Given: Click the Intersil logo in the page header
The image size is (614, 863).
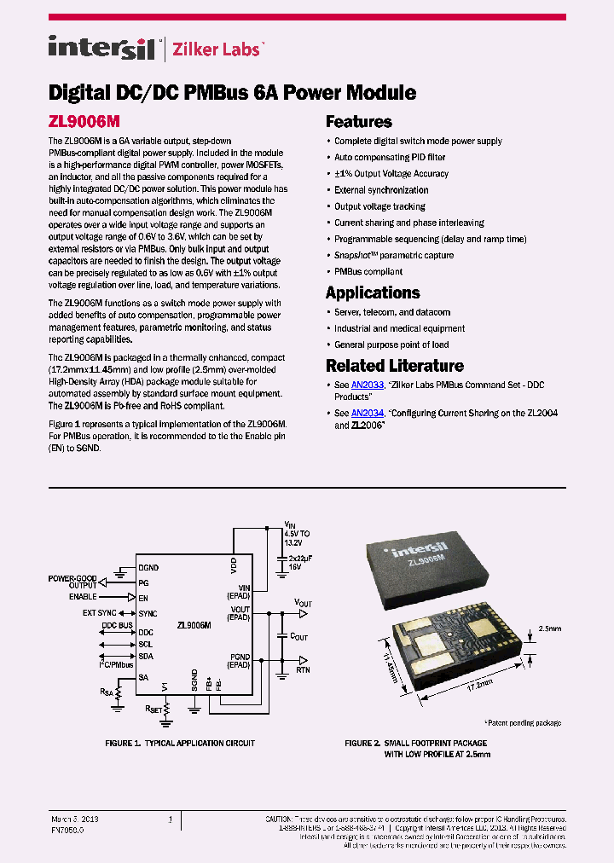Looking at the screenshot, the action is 101,48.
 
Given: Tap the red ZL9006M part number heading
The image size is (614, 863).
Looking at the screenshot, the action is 83,122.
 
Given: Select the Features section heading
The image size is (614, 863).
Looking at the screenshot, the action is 358,122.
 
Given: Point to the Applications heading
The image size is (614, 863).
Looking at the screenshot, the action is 373,292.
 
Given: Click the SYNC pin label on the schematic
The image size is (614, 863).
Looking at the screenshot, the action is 148,613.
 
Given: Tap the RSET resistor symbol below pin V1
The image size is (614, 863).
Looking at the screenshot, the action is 166,706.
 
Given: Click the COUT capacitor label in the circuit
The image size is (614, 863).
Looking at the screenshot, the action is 298,636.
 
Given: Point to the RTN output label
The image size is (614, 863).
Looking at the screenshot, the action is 303,670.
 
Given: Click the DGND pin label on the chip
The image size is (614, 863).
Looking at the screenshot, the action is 148,567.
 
